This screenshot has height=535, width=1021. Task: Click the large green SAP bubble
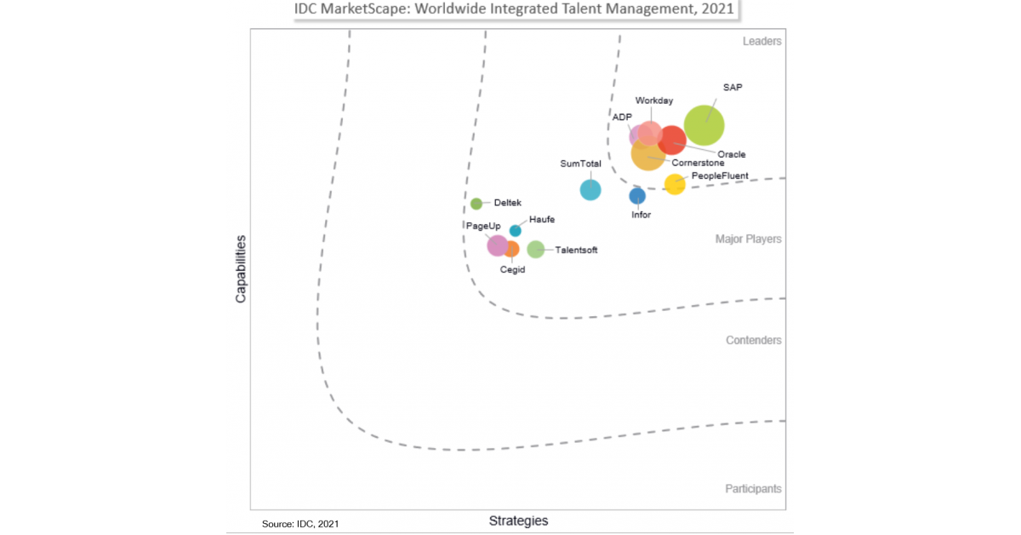(704, 125)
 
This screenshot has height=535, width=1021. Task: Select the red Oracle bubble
(672, 141)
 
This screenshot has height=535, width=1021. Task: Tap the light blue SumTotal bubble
(590, 190)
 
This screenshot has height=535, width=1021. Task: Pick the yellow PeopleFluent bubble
(674, 184)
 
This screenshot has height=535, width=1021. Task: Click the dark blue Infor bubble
(637, 196)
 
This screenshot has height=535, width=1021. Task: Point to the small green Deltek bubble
(476, 204)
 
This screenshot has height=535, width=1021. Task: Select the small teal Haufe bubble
(515, 231)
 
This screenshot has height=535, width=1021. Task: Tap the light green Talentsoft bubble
(535, 249)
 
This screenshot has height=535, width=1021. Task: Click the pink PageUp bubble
(497, 245)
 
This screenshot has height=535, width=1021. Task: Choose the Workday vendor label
(654, 101)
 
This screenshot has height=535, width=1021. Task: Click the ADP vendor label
(622, 117)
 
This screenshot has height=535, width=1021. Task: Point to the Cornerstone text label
(699, 163)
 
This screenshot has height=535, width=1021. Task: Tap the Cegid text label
(512, 269)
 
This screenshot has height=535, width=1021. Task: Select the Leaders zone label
(761, 41)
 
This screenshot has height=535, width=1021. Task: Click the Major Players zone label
(748, 239)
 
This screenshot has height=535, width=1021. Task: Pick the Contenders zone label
(753, 341)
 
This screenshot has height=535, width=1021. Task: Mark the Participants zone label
(753, 489)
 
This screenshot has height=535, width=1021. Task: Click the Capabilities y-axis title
(241, 269)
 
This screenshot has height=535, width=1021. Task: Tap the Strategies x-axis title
(518, 521)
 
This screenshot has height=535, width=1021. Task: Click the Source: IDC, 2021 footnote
(300, 524)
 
